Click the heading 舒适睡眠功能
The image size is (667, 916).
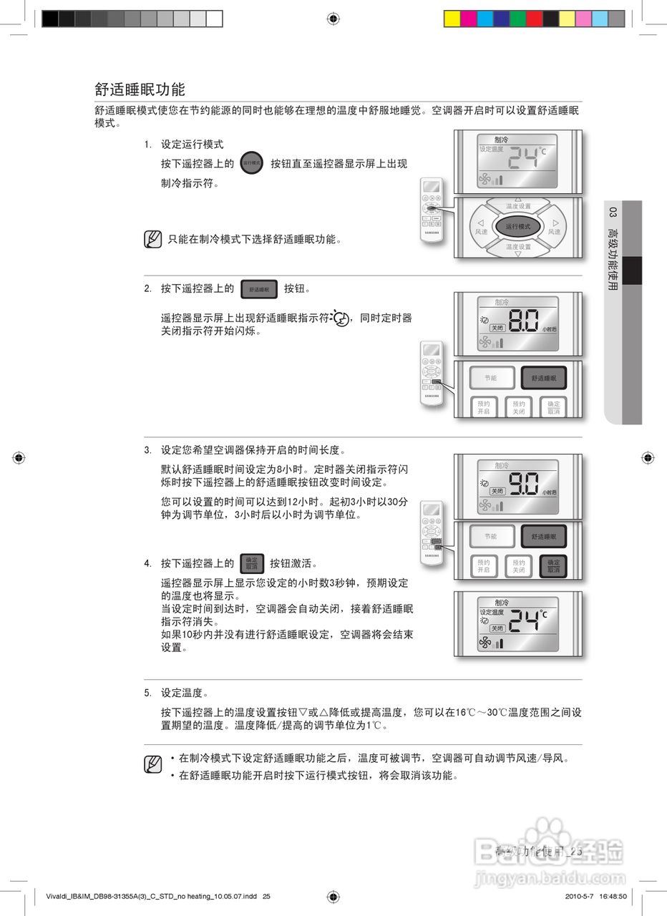[x=140, y=89]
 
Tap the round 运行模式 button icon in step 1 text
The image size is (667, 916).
[x=252, y=163]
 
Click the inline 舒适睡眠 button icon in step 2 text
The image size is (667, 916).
[x=259, y=289]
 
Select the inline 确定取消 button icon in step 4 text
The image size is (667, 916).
[x=252, y=563]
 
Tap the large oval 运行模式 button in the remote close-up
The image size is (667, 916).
[x=518, y=226]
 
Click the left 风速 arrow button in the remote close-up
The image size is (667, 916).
[x=482, y=226]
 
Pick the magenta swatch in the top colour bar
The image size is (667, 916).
[x=469, y=19]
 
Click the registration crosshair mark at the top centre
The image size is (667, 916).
[x=333, y=19]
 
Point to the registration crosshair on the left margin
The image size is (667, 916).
[x=19, y=457]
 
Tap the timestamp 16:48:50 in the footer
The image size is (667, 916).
[x=609, y=896]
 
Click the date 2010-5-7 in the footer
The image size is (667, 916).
[x=571, y=896]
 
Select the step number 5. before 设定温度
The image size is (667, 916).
[x=147, y=693]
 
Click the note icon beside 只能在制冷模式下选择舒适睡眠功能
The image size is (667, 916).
[x=152, y=239]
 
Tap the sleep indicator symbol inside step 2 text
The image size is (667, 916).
[x=341, y=318]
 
